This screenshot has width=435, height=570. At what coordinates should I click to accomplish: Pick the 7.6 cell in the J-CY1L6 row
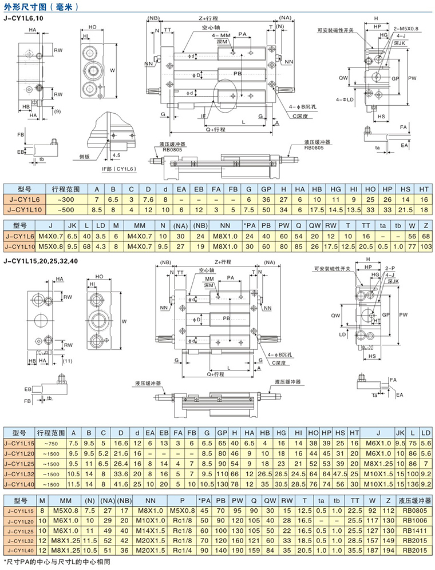pyautogui.click(x=148, y=199)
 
